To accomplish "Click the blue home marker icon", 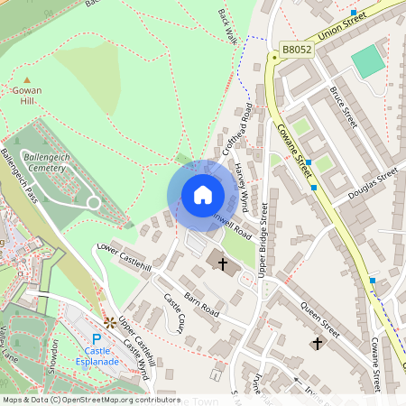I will [x=202, y=195].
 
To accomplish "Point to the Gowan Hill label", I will [x=26, y=97].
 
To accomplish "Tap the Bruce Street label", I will [x=345, y=107].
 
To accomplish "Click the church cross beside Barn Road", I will [x=222, y=263].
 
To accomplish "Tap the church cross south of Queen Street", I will [x=317, y=343].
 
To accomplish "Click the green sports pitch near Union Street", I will [x=367, y=61].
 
